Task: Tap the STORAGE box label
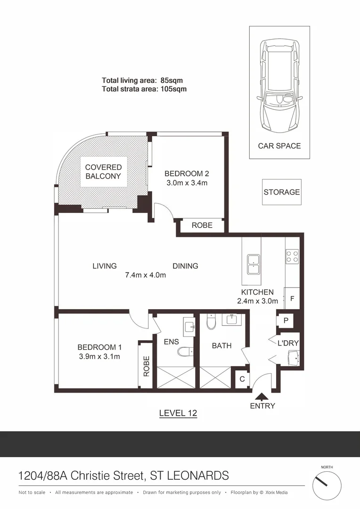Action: coord(282,192)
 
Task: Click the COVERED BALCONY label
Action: coord(103,172)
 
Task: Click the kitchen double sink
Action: coord(254,264)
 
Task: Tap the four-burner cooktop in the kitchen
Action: coord(292,256)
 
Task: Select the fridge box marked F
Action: coord(292,298)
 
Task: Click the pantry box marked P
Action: coord(286,320)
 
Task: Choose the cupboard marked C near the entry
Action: coord(242,378)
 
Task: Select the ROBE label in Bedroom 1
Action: coord(146,366)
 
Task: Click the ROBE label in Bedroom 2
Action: coord(202,225)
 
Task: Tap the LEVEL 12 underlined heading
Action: coord(178,413)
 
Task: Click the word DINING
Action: coord(185,266)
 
